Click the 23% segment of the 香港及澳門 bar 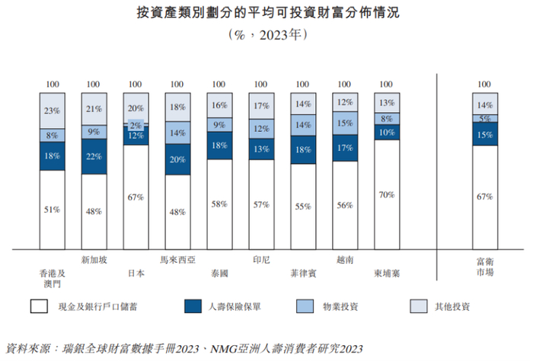pyautogui.click(x=53, y=111)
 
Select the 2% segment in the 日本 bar pyautogui.click(x=136, y=124)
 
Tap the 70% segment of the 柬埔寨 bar pyautogui.click(x=386, y=194)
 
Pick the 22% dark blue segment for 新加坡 pyautogui.click(x=94, y=156)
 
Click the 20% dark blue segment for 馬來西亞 pyautogui.click(x=177, y=160)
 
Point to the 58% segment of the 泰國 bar pyautogui.click(x=219, y=203)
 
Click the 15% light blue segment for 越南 pyautogui.click(x=344, y=123)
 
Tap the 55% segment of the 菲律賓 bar pyautogui.click(x=302, y=206)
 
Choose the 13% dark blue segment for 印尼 pyautogui.click(x=260, y=149)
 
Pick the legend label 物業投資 pyautogui.click(x=340, y=307)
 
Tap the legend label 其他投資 pyautogui.click(x=451, y=307)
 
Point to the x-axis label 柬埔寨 pyautogui.click(x=386, y=272)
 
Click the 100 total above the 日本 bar pyautogui.click(x=136, y=85)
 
